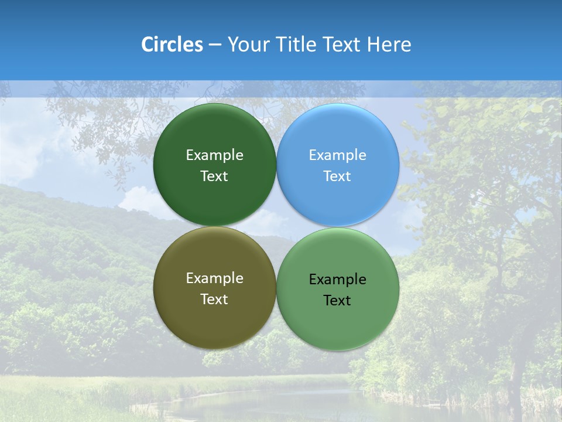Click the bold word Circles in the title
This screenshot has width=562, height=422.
(172, 45)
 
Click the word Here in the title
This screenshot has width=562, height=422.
(389, 45)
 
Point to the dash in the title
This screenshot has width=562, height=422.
(215, 45)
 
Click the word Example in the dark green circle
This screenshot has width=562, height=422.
(214, 155)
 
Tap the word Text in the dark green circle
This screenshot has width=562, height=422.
(214, 176)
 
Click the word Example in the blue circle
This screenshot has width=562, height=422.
(338, 155)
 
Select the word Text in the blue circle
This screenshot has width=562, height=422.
(338, 176)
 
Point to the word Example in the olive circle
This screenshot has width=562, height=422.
(214, 278)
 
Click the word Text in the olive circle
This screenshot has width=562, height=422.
(214, 300)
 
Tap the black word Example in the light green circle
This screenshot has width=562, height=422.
(338, 280)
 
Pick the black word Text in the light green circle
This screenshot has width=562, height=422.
(338, 301)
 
